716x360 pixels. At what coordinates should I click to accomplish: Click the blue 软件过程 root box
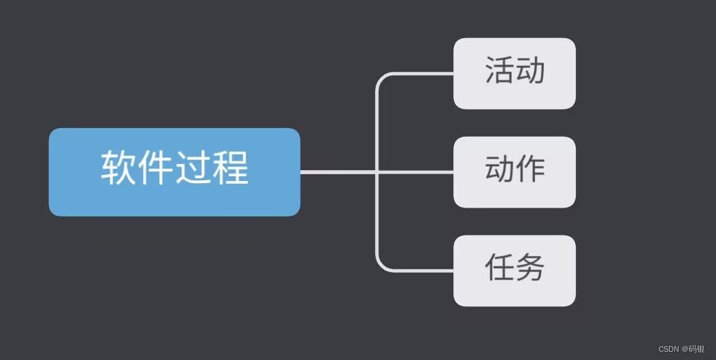click(x=174, y=171)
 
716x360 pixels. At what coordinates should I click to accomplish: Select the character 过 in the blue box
click(x=193, y=167)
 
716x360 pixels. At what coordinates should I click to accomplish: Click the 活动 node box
click(x=515, y=73)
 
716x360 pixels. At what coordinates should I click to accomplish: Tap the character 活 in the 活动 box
click(x=500, y=70)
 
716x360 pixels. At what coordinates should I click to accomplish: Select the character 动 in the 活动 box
click(x=530, y=70)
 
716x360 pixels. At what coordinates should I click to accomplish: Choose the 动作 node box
click(x=515, y=171)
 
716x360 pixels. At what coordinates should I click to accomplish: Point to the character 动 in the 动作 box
click(x=500, y=169)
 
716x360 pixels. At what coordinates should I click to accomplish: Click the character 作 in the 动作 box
click(x=530, y=169)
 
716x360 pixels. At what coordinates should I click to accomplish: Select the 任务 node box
click(x=515, y=270)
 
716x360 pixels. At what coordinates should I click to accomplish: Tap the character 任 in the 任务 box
click(x=500, y=267)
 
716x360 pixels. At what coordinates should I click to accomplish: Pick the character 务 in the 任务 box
click(x=530, y=267)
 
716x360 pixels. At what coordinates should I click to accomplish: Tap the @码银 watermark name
click(x=695, y=349)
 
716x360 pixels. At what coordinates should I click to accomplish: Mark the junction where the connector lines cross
click(x=376, y=172)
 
